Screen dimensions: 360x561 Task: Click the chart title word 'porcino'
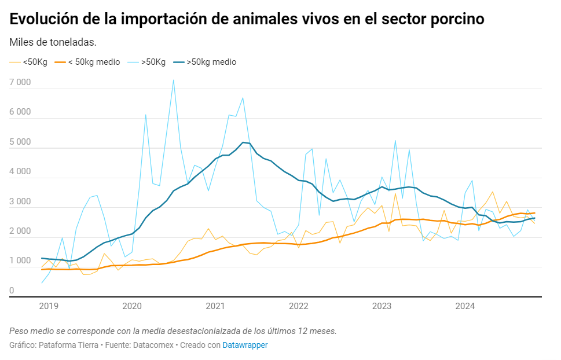tap(449, 19)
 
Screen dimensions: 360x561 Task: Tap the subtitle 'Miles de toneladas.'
tap(53, 42)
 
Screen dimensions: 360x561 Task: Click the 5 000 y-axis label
tap(20, 142)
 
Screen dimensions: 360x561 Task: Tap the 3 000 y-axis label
tap(20, 201)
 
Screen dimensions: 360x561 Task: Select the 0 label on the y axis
tap(12, 291)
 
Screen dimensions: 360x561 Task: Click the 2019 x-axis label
tap(49, 306)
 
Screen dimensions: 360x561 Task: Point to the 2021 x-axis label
tap(215, 306)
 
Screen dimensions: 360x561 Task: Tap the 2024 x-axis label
tap(465, 306)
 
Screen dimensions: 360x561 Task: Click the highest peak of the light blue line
tap(173, 80)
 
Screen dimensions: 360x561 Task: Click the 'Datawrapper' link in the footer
tap(245, 345)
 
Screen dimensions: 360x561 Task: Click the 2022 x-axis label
tap(299, 306)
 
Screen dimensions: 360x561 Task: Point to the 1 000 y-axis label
tap(20, 261)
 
